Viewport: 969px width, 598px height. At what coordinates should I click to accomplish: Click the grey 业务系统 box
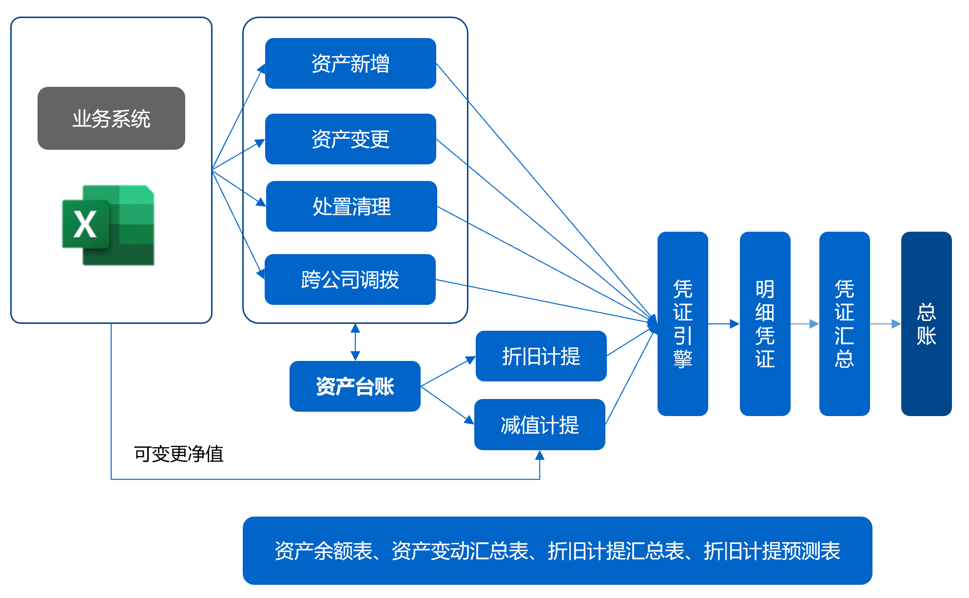tap(111, 119)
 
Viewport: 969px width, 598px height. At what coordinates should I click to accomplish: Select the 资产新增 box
tap(350, 63)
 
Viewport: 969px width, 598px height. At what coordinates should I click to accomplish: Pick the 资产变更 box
tap(350, 139)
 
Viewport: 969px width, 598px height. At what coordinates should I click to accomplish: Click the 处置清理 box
tap(351, 206)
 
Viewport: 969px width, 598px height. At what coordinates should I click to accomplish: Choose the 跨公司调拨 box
tap(350, 279)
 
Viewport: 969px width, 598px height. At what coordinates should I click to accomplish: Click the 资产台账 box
tap(355, 386)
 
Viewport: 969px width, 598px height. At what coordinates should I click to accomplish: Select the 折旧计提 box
tap(541, 356)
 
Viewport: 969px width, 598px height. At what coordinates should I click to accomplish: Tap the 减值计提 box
tap(540, 424)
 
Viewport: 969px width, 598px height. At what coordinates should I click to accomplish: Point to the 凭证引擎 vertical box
tap(682, 324)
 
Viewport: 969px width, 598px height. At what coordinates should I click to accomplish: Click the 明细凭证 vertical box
tap(765, 324)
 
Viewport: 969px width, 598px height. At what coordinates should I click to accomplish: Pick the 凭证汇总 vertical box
tap(844, 324)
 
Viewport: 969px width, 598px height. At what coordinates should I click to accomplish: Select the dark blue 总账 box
tap(926, 324)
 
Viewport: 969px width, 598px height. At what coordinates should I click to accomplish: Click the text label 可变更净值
tap(178, 454)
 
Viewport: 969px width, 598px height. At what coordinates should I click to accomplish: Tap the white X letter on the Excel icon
tap(85, 224)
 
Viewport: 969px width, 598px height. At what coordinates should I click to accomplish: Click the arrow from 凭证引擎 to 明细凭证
tap(724, 324)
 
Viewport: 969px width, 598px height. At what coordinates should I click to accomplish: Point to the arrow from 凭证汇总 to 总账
tap(885, 324)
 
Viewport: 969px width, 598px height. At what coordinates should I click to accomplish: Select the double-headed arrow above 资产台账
tap(355, 342)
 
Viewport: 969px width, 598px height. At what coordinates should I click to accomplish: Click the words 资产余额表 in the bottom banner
tap(323, 551)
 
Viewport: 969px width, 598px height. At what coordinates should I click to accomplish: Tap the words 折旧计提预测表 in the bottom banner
tap(772, 551)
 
